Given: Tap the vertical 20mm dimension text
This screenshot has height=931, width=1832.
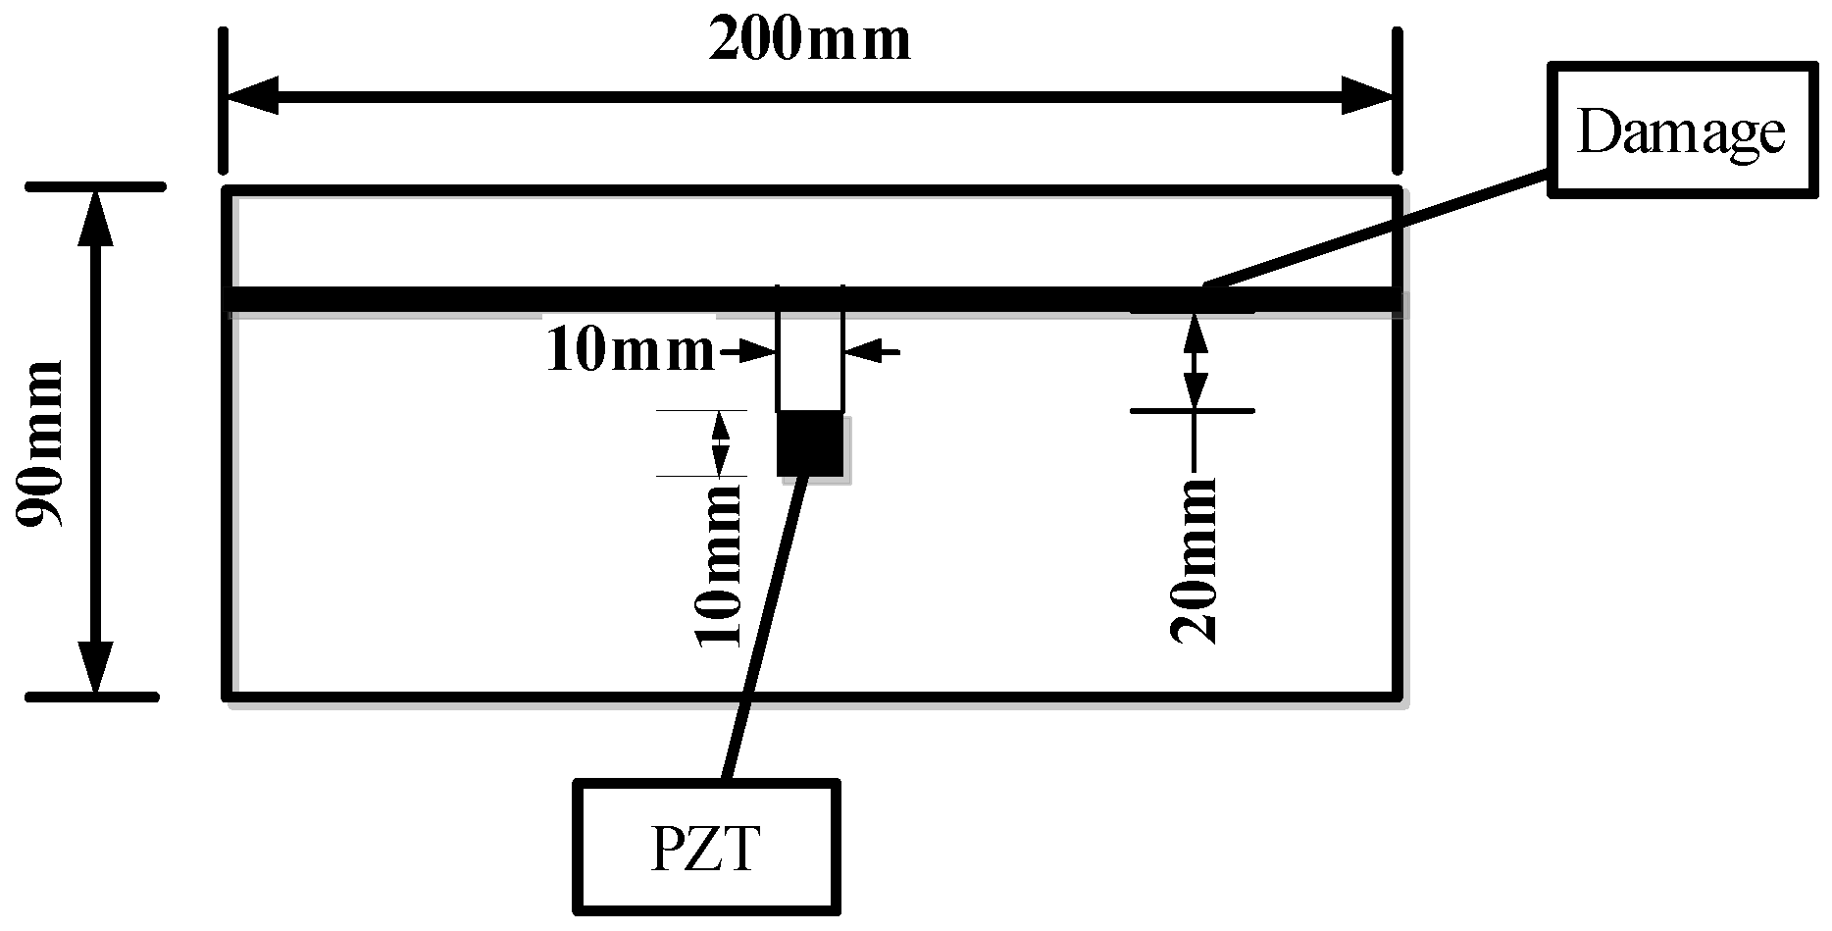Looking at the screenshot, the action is tap(1195, 559).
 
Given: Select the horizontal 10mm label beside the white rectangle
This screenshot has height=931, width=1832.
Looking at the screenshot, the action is tap(631, 350).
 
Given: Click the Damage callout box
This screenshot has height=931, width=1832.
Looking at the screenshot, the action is tap(1680, 130).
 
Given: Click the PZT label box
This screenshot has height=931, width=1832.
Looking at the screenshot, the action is tap(706, 847).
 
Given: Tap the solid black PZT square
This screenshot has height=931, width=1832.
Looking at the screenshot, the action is tap(810, 443).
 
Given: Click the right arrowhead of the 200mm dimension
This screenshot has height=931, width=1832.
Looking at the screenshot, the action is tap(1368, 96).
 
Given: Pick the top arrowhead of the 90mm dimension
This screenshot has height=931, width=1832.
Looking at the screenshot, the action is tap(95, 216).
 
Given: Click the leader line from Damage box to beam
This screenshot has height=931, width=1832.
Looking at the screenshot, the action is tap(1373, 230).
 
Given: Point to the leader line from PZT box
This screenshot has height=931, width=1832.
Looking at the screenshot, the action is tap(765, 628).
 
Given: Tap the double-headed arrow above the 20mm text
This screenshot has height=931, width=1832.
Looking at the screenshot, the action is tap(1194, 360).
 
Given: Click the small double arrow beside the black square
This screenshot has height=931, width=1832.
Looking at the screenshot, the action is tap(721, 443).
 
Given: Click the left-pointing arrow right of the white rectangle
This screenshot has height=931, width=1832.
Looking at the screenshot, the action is tap(868, 350).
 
